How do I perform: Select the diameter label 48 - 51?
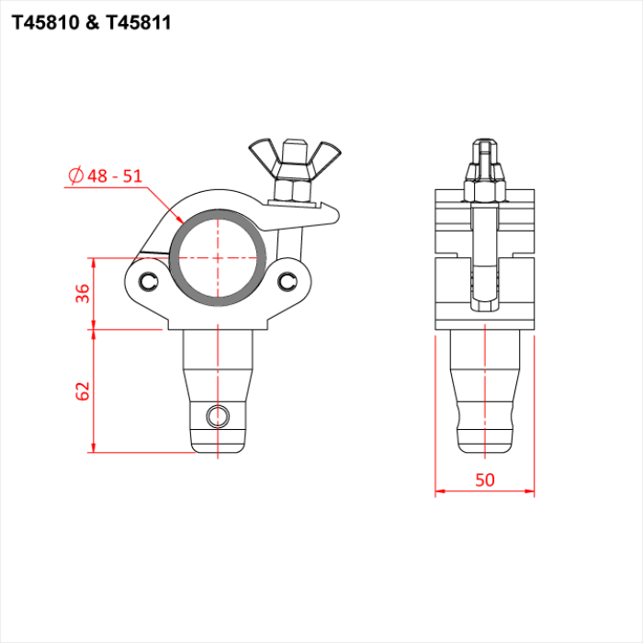coord(116,175)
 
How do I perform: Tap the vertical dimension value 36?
coord(83,293)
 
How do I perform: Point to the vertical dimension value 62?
coord(83,390)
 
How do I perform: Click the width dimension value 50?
coord(485,479)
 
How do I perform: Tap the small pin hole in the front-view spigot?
coord(219,416)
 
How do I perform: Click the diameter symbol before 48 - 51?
coord(76,175)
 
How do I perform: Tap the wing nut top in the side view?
coord(485,152)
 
